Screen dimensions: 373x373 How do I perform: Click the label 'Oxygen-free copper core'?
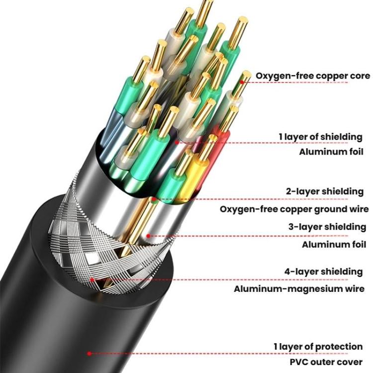click(x=313, y=76)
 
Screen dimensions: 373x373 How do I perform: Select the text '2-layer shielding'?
click(x=325, y=191)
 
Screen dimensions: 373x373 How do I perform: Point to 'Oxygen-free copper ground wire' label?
click(x=294, y=209)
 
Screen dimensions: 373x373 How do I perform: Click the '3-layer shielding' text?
click(x=327, y=227)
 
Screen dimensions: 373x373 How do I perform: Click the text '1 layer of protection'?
click(x=318, y=346)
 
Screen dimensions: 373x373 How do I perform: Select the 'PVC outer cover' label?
click(x=326, y=362)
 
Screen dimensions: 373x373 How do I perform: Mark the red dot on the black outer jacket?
click(x=89, y=354)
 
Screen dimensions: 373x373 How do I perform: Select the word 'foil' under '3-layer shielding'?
click(x=356, y=244)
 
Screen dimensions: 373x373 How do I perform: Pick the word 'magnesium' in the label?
click(x=318, y=289)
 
